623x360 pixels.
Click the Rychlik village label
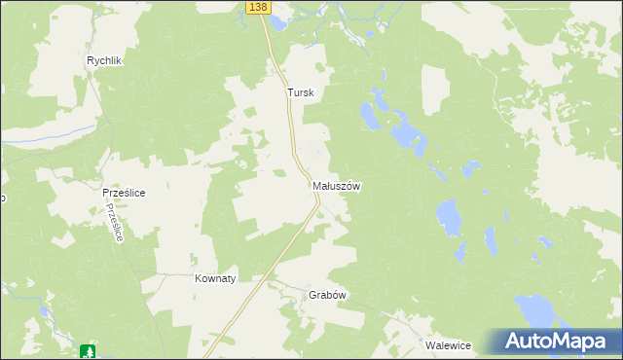[x=103, y=60]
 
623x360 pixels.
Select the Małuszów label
[x=337, y=185]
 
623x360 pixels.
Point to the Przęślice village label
[x=124, y=193]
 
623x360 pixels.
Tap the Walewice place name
[x=448, y=345]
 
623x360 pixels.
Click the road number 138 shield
[x=256, y=7]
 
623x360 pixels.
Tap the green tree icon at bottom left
[x=88, y=350]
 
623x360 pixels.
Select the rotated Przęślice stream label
[x=117, y=223]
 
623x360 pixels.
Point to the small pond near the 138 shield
[x=279, y=21]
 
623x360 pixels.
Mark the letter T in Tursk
[x=289, y=93]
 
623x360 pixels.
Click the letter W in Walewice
[x=429, y=345]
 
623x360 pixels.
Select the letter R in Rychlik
[x=91, y=60]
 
